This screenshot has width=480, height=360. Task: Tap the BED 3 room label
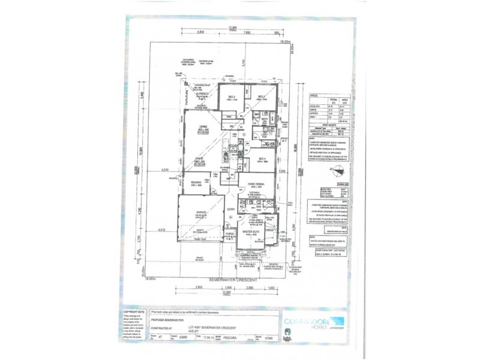point(262,97)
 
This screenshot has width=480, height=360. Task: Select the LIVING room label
point(203,126)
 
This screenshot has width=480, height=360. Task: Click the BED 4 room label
point(262,159)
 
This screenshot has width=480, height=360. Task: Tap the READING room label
point(196,183)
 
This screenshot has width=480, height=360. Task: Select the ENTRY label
point(231,209)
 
